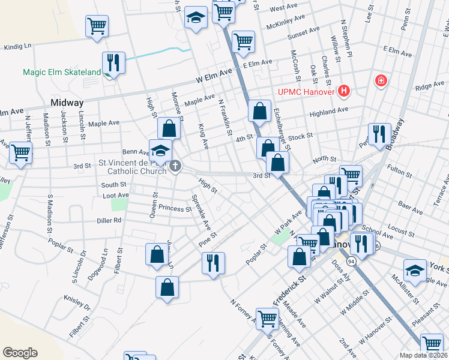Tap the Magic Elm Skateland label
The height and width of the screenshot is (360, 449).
[x=62, y=73]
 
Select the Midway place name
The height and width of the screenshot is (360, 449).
[x=67, y=103]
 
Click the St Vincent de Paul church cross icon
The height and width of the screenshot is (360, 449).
[x=175, y=166]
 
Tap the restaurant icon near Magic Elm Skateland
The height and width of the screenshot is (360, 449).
[x=113, y=63]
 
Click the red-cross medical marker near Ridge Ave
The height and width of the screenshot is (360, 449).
[x=381, y=80]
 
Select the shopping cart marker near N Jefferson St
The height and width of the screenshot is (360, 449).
[x=20, y=153]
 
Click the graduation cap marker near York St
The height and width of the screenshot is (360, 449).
[x=415, y=269]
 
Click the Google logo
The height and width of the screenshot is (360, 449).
[x=20, y=352]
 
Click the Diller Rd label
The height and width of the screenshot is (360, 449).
[x=109, y=220]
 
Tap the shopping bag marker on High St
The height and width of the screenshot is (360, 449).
[x=169, y=128]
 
